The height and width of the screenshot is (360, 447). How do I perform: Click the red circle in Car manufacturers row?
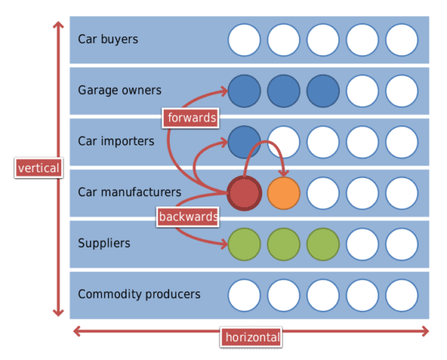tap(244, 193)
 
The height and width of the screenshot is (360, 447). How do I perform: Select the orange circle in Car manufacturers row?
tap(284, 193)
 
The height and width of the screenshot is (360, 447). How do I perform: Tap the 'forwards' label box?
tap(191, 118)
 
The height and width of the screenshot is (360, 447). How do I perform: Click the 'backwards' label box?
tap(188, 217)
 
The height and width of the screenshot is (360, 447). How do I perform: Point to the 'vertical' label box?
tap(39, 168)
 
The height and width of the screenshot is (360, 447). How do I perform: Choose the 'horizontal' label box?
tap(251, 337)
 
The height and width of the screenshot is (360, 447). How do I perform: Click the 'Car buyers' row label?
tap(108, 39)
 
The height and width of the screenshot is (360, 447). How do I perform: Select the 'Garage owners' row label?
tap(120, 90)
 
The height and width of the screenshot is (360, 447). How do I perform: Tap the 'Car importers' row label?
tap(116, 141)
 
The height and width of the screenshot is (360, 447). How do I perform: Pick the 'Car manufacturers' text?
tap(130, 192)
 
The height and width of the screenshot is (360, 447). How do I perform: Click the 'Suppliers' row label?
tap(104, 243)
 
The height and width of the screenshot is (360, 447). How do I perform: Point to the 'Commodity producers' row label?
tap(139, 294)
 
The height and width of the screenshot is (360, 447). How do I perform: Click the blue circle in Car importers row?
tap(244, 142)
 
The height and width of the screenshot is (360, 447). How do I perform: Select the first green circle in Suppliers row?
tap(244, 244)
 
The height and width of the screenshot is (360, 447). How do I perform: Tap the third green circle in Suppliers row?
tap(323, 244)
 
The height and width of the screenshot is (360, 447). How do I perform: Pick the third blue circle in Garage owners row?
tap(323, 91)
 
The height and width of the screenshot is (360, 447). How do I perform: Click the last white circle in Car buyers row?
tap(402, 40)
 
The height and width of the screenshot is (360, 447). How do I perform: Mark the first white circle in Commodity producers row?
tap(244, 295)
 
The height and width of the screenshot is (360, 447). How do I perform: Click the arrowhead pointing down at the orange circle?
tap(284, 174)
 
